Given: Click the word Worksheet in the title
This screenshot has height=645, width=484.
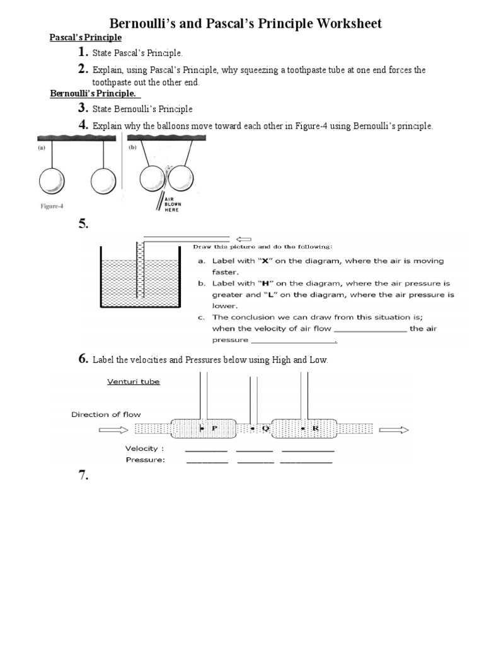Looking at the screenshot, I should (x=343, y=24).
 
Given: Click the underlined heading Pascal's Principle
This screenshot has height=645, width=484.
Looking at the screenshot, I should (x=86, y=38).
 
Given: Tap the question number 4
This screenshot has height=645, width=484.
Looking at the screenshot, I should (x=83, y=125).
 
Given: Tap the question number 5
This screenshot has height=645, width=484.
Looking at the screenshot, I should (x=84, y=224).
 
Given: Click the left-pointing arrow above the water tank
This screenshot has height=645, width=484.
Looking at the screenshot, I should (x=243, y=239).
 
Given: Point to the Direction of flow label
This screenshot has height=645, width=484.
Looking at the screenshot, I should (x=106, y=414).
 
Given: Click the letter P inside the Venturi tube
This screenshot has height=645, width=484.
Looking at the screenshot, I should (x=214, y=428).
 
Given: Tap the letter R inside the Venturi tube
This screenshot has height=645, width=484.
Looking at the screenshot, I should (x=316, y=428).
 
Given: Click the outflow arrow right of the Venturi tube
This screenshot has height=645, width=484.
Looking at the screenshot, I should (x=395, y=430).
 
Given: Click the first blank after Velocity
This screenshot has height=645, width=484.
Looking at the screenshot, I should (x=206, y=450).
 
